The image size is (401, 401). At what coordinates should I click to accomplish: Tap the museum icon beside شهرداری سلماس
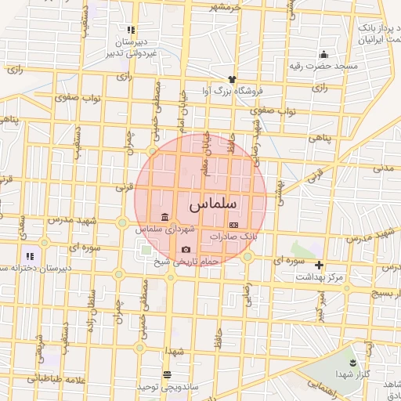164,217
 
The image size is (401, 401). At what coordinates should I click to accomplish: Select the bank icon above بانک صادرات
233,223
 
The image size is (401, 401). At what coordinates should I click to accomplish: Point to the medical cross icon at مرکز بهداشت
319,266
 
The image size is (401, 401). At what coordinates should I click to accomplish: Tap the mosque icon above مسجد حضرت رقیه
323,54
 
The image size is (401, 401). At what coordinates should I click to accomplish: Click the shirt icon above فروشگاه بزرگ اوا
232,79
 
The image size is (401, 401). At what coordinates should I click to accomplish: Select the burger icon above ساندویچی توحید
166,374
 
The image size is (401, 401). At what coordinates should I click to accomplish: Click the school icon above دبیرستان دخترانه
30,255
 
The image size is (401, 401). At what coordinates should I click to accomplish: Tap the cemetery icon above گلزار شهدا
352,363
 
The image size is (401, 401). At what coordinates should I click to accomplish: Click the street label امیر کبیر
320,305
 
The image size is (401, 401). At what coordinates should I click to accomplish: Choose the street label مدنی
381,168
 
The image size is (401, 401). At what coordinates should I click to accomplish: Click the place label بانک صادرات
233,235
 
